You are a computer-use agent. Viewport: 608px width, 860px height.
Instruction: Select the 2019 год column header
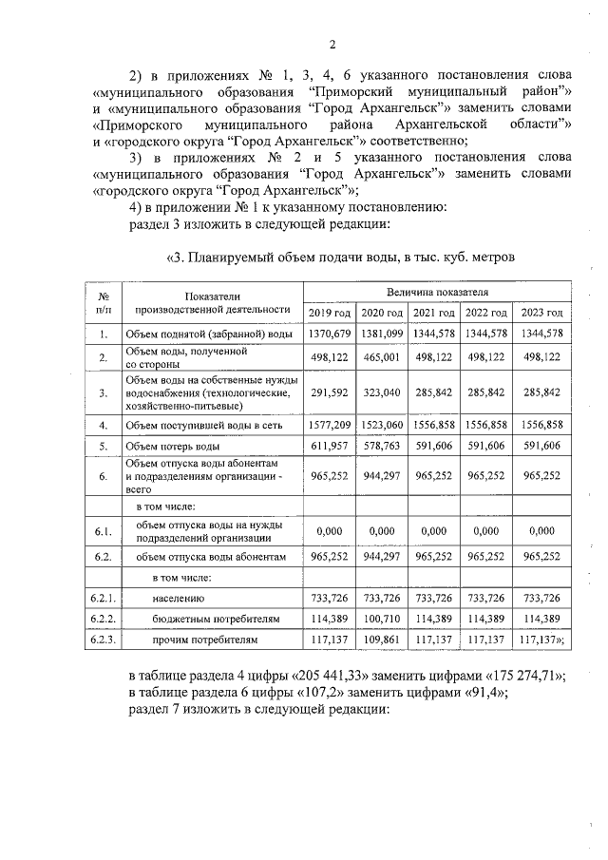click(x=330, y=313)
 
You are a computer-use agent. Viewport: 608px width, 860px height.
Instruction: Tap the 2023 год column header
click(x=542, y=313)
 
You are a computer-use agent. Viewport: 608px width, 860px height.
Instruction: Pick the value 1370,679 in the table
click(x=330, y=333)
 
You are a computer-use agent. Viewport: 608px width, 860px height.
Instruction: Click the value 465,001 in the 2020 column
click(x=383, y=357)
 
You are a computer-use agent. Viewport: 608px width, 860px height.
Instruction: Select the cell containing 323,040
click(x=383, y=391)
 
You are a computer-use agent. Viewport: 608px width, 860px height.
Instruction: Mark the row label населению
click(x=179, y=598)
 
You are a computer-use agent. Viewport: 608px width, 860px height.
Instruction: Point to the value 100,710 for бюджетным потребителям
click(x=383, y=619)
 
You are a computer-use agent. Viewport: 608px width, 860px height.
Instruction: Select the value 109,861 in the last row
click(x=383, y=640)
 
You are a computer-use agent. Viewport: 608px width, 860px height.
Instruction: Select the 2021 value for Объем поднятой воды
click(x=436, y=333)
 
